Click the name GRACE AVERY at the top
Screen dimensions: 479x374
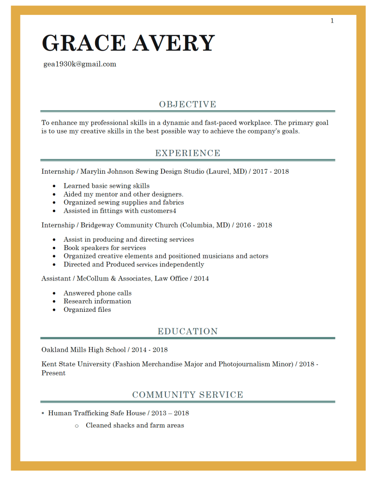click(128, 43)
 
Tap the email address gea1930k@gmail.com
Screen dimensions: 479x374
click(80, 64)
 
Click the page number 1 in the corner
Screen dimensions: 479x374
click(332, 21)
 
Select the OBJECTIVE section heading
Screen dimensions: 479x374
click(187, 104)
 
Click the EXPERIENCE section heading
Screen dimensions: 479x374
click(187, 153)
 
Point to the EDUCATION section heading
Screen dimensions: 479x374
click(187, 332)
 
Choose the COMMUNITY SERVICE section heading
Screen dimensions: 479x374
click(187, 395)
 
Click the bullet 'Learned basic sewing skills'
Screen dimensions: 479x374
click(106, 186)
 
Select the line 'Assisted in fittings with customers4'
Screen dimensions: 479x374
click(120, 211)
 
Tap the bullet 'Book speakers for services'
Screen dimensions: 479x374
click(105, 248)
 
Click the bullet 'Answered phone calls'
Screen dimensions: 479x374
click(97, 293)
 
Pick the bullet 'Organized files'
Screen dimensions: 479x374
click(87, 310)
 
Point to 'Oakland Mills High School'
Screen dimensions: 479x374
click(83, 350)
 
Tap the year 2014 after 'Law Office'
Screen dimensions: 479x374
click(202, 279)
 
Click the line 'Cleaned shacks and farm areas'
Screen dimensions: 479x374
click(135, 425)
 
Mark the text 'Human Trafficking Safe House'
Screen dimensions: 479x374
click(97, 413)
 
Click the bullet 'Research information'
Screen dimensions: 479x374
click(97, 301)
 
